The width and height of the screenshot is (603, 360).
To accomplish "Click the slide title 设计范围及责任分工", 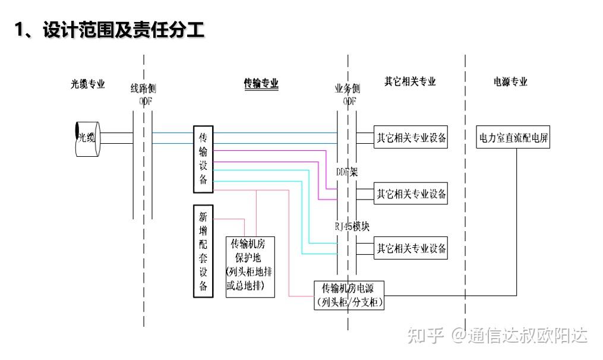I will click(110, 30).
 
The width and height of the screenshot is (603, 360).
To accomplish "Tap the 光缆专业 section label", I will click(88, 84).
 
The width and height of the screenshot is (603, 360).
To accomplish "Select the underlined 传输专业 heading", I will click(261, 84).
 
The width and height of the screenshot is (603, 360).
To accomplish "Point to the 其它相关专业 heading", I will click(410, 82).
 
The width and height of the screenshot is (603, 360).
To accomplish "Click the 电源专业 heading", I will click(510, 82).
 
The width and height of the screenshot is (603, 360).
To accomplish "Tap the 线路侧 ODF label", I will click(143, 95).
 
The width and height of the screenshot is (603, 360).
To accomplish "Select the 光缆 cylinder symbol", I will click(87, 138).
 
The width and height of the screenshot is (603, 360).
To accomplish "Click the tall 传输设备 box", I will click(203, 159).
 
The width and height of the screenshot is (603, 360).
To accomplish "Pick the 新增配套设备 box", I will click(203, 251).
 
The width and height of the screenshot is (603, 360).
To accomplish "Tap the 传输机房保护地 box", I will click(250, 266).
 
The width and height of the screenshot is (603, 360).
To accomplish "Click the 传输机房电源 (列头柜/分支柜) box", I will click(349, 295).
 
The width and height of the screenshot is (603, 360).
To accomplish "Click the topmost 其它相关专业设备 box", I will click(411, 138).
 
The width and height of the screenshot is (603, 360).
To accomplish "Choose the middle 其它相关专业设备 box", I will click(411, 194).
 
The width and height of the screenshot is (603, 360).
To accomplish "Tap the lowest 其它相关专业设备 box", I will click(411, 248).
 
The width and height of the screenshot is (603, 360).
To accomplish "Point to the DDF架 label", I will click(347, 172).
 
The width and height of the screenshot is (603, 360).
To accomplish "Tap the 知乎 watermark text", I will click(425, 336).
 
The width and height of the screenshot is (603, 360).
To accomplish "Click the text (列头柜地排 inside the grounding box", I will click(250, 273).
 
